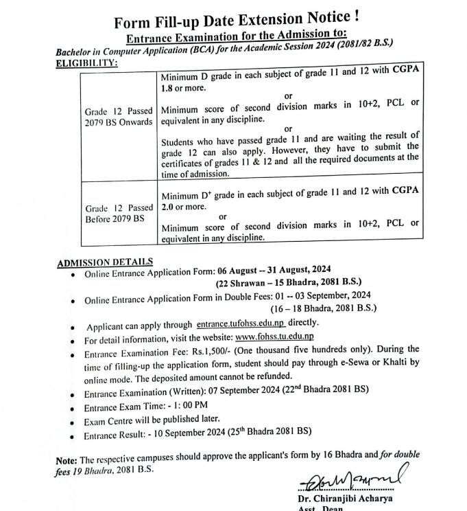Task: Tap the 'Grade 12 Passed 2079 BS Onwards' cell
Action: [x=119, y=117]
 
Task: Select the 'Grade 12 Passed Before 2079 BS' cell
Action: [x=119, y=213]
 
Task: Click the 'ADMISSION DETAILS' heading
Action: [x=104, y=262]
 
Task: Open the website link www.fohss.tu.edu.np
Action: [x=274, y=337]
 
